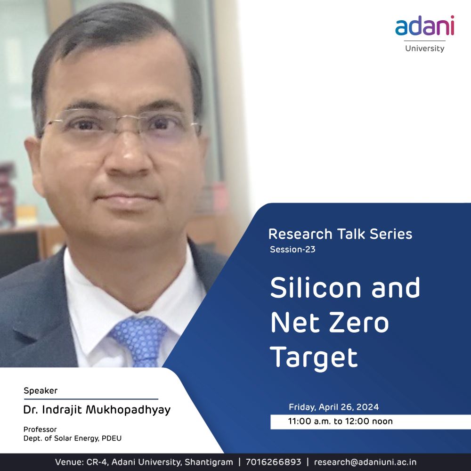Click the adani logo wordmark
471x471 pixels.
click(x=424, y=25)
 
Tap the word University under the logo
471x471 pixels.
click(x=424, y=49)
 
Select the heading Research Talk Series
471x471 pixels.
click(x=340, y=234)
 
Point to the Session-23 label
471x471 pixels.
click(x=292, y=249)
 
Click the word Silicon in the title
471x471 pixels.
click(x=316, y=287)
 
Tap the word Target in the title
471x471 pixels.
click(x=314, y=358)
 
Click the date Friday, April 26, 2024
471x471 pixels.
click(x=334, y=407)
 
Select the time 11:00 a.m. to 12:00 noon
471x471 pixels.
click(x=341, y=421)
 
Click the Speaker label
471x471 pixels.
click(x=41, y=391)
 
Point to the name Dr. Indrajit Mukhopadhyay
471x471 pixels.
click(x=97, y=410)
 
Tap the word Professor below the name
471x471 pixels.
click(x=40, y=429)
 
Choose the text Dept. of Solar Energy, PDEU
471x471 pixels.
click(x=73, y=439)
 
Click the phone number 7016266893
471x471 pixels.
click(x=273, y=462)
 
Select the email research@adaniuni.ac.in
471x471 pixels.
click(x=365, y=462)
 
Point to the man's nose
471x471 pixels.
click(x=129, y=156)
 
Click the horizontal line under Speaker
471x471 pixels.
click(x=91, y=399)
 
